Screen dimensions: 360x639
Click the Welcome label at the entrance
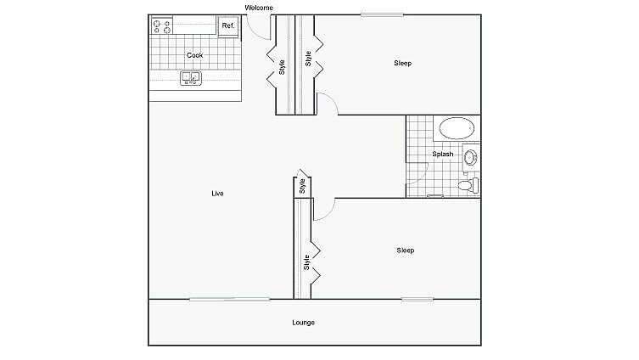tap(259, 8)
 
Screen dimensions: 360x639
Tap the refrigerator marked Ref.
tap(227, 26)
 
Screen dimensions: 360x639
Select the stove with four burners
tap(161, 26)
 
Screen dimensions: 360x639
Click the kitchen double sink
tap(190, 78)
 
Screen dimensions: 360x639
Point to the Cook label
tap(195, 55)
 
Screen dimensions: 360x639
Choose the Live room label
tap(217, 194)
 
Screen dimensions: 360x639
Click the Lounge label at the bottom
tap(303, 323)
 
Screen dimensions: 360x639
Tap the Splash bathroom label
tap(442, 155)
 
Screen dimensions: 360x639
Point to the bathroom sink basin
tap(471, 156)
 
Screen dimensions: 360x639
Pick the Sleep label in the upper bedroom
tap(402, 63)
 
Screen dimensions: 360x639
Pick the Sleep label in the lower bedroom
tap(406, 250)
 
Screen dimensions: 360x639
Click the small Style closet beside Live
tap(301, 186)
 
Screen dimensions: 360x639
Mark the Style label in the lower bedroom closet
tap(306, 263)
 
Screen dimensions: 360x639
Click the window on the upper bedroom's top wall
tap(381, 14)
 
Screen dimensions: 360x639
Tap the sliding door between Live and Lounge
tap(229, 299)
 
